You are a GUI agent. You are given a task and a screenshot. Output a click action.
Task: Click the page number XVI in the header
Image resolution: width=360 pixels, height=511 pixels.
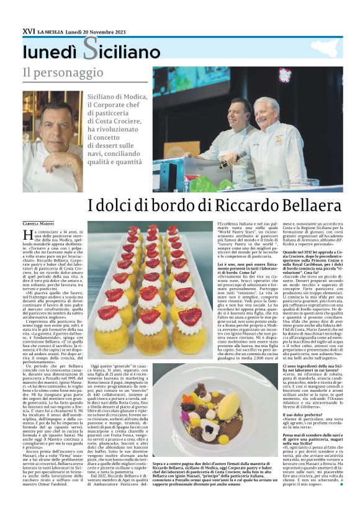pos(29,30)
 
